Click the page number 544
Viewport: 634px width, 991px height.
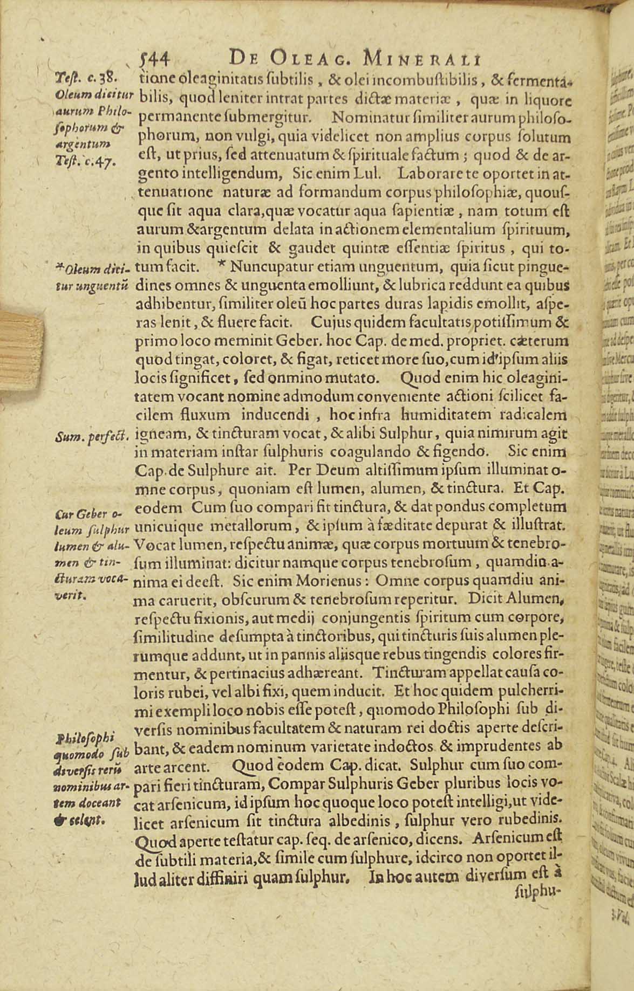coord(155,58)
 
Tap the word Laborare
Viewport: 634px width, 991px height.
coord(428,174)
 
